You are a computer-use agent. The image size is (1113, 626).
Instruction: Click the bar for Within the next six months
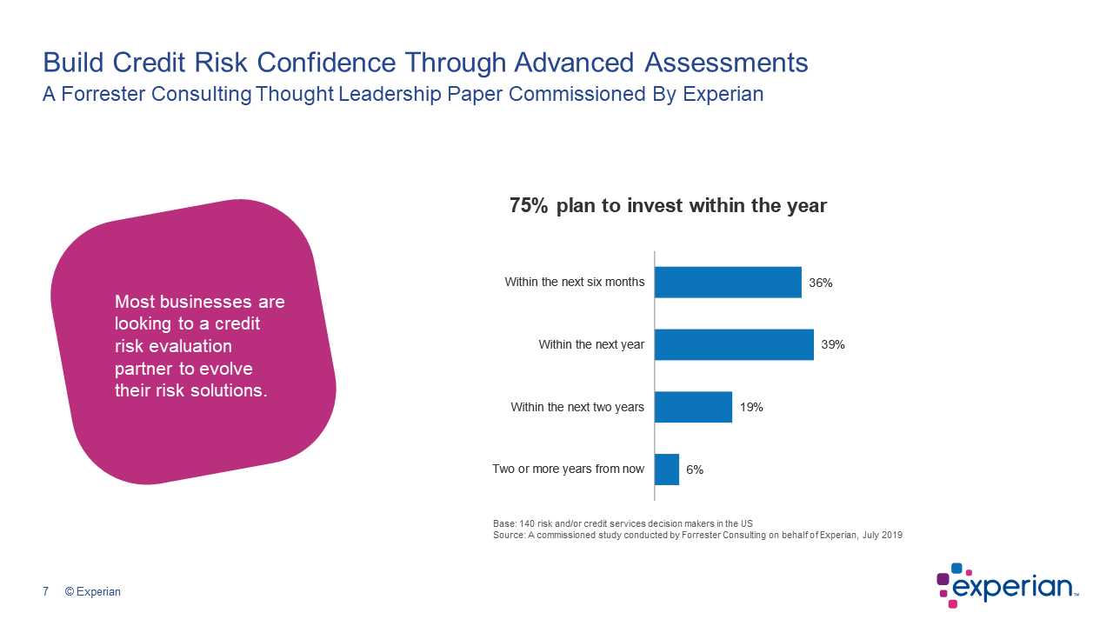[728, 282]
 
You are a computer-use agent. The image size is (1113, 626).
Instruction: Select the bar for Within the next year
[734, 344]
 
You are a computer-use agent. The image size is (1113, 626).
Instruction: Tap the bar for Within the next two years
[693, 407]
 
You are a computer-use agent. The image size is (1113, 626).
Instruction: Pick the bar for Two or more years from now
[667, 469]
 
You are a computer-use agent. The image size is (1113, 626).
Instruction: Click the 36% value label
[821, 283]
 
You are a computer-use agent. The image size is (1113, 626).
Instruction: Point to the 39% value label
[833, 344]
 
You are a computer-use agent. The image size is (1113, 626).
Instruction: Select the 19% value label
[751, 407]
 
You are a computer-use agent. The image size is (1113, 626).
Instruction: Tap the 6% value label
[695, 469]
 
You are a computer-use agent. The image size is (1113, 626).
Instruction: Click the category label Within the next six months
[575, 282]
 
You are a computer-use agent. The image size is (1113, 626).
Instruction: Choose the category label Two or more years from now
[569, 469]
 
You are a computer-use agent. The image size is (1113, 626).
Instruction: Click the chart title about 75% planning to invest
[668, 206]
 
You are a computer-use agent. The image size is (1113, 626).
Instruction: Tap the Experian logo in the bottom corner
[1007, 584]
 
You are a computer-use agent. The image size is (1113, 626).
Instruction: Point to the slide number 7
[45, 592]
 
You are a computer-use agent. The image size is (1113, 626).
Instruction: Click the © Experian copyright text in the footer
[93, 592]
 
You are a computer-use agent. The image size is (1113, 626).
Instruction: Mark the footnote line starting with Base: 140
[623, 523]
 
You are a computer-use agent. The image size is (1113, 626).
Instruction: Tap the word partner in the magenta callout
[143, 368]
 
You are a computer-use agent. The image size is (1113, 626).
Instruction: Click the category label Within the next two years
[577, 407]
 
